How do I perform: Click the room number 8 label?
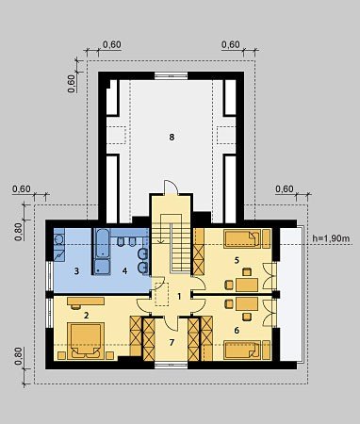pos(172,137)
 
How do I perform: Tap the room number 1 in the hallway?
pos(179,296)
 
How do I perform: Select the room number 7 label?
pos(172,342)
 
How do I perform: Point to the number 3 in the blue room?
pos(76,270)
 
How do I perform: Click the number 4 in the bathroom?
pos(125,270)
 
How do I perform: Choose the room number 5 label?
pos(237,260)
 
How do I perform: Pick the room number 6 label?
pos(237,330)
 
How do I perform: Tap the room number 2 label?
pos(87,316)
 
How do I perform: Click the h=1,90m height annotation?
pos(331,238)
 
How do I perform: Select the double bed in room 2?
pos(86,340)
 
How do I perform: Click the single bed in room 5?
pos(242,239)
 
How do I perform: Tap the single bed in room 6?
pos(242,350)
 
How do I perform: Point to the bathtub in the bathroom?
pos(103,243)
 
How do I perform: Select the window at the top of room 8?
pos(172,75)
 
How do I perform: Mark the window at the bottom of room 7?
pos(172,365)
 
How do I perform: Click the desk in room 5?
pos(247,285)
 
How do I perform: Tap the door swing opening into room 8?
pos(172,188)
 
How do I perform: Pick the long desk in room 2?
pos(86,302)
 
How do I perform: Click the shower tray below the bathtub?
pos(103,267)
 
